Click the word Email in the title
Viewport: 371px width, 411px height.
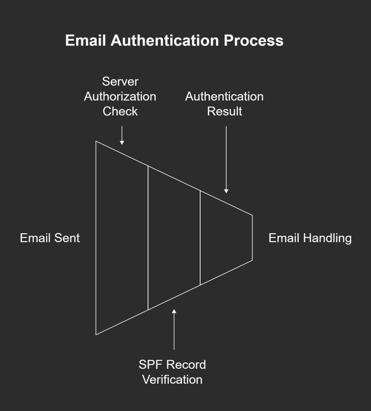coord(85,40)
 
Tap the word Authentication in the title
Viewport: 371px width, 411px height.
coord(165,40)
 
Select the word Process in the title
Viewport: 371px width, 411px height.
coord(254,40)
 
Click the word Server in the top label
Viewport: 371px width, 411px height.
coord(120,82)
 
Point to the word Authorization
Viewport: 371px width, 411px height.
coord(120,96)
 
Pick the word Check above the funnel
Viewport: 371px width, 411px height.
coord(120,111)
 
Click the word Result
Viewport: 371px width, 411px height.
coord(224,111)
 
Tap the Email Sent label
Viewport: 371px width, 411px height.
coord(50,238)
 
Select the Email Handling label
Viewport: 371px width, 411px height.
coord(310,238)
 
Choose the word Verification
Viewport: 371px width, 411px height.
coord(173,379)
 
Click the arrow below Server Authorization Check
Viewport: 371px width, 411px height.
coord(122,135)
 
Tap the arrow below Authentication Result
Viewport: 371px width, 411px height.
coord(226,160)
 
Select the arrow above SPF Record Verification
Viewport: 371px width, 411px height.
coord(174,329)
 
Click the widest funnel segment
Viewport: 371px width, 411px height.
coord(122,238)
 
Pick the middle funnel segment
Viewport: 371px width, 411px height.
coord(174,238)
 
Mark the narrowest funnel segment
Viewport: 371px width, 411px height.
coord(226,238)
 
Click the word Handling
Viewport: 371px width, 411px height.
coord(327,238)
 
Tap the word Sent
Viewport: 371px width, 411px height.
coord(67,238)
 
